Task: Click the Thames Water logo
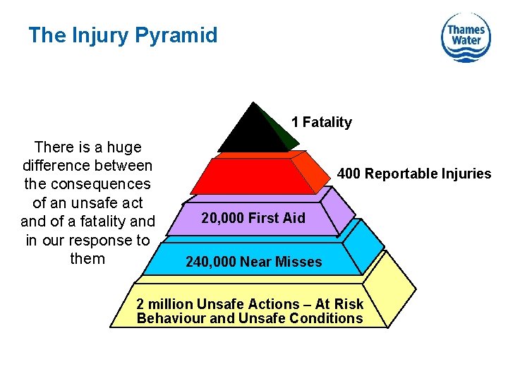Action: [x=466, y=37]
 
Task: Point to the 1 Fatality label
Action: [x=321, y=123]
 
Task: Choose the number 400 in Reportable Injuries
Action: [x=349, y=174]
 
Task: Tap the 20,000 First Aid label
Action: [x=253, y=218]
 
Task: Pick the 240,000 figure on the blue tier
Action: [x=211, y=262]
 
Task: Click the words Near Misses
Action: [x=281, y=262]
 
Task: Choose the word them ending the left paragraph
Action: [x=87, y=258]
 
